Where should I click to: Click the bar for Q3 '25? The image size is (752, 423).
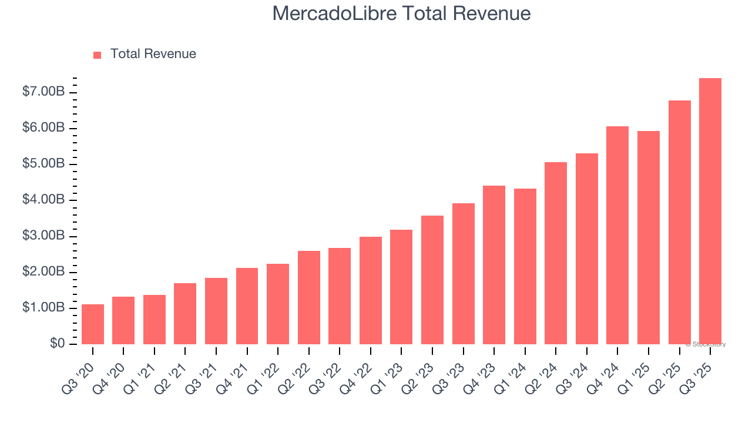pyautogui.click(x=710, y=211)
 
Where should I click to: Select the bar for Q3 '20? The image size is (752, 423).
pyautogui.click(x=93, y=324)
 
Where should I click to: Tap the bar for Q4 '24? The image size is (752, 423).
pyautogui.click(x=617, y=235)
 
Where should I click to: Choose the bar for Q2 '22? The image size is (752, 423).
pyautogui.click(x=308, y=297)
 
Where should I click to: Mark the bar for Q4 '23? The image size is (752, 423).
pyautogui.click(x=494, y=265)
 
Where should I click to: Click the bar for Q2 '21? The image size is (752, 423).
pyautogui.click(x=185, y=314)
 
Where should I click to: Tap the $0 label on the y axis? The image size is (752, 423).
pyautogui.click(x=56, y=344)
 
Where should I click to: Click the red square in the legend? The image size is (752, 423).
pyautogui.click(x=98, y=55)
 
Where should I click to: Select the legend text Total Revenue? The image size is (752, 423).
pyautogui.click(x=153, y=54)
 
